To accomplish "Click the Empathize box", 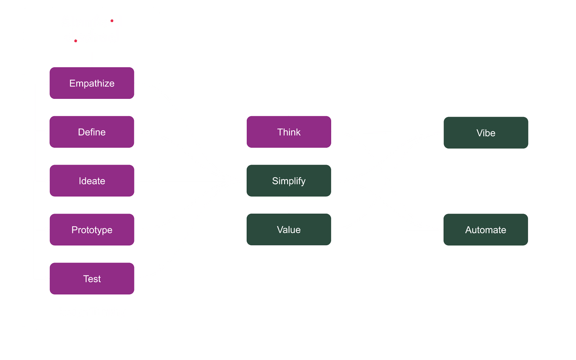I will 92,83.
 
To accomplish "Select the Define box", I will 92,132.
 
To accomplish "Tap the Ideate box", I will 92,181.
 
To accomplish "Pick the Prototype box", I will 92,230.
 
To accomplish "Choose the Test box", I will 92,279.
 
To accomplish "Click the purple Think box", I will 288,132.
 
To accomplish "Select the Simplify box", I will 288,181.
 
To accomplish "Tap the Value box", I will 288,230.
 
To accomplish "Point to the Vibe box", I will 485,133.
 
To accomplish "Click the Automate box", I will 485,230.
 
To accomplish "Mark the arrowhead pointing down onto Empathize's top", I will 91,64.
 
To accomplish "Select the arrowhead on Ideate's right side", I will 138,181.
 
